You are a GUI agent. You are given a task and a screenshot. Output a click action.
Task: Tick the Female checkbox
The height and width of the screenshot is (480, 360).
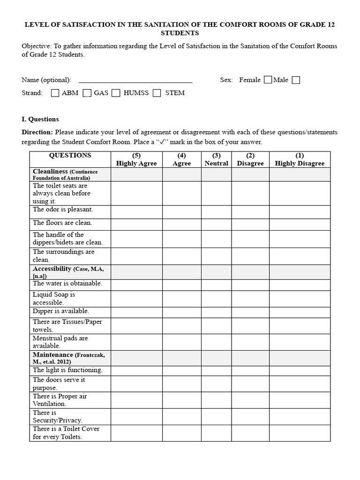[x=268, y=80]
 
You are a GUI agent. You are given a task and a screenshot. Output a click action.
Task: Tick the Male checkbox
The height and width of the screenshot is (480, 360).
[x=296, y=80]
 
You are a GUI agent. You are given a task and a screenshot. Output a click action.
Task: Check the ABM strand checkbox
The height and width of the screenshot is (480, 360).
[x=55, y=93]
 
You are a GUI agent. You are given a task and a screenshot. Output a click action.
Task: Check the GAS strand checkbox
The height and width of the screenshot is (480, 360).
[x=87, y=93]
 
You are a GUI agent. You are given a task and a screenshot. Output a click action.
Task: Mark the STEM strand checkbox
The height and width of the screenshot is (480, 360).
[x=157, y=93]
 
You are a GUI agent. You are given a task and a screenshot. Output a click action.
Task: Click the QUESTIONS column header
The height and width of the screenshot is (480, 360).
[x=70, y=156]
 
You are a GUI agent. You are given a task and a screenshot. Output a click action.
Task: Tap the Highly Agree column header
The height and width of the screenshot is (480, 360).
[x=136, y=159]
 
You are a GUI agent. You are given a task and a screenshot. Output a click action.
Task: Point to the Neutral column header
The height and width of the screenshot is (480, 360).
[x=216, y=159]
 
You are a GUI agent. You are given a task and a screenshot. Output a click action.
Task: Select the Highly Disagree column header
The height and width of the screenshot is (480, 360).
[x=300, y=159]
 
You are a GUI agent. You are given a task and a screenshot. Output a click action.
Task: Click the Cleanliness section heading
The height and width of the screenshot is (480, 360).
[x=51, y=172]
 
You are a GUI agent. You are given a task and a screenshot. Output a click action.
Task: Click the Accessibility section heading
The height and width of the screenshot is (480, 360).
[x=52, y=269]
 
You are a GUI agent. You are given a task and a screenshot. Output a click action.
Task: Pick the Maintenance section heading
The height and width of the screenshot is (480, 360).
[x=53, y=355]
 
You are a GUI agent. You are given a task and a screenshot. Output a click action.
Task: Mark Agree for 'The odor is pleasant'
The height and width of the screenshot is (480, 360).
[x=181, y=212]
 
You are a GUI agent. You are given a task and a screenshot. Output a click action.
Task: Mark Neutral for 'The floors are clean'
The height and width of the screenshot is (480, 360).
[x=216, y=225]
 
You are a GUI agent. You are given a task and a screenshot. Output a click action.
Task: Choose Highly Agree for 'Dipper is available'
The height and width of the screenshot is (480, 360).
[x=136, y=312]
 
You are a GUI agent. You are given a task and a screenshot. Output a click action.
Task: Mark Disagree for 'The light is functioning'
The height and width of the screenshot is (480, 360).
[x=250, y=371]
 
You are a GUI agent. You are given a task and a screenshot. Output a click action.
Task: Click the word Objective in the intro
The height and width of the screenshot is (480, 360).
[x=36, y=46]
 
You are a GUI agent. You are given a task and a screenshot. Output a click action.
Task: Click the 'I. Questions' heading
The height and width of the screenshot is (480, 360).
[x=40, y=119]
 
